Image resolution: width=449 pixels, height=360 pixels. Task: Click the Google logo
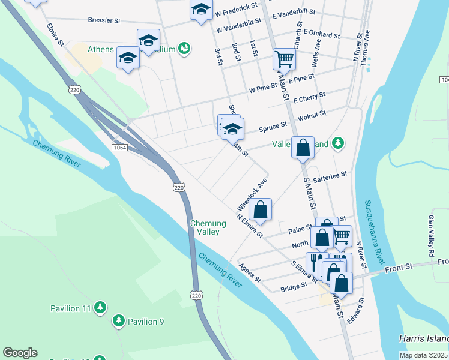pyautogui.click(x=20, y=353)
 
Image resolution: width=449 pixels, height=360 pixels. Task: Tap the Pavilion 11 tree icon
pyautogui.click(x=101, y=308)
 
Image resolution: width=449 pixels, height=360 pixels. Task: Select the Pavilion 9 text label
pyautogui.click(x=145, y=322)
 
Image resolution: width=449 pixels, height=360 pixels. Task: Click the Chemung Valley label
pyautogui.click(x=208, y=227)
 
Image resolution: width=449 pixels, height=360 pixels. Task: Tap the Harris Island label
pyautogui.click(x=424, y=338)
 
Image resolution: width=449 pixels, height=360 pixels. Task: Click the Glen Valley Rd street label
pyautogui.click(x=431, y=236)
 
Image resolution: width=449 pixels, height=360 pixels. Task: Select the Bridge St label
pyautogui.click(x=294, y=289)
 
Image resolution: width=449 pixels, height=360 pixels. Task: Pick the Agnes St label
pyautogui.click(x=249, y=273)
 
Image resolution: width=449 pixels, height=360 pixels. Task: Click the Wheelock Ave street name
pyautogui.click(x=252, y=192)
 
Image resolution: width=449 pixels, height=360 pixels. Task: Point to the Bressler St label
pyautogui.click(x=104, y=20)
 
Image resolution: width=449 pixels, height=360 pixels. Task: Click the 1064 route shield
pyautogui.click(x=119, y=147)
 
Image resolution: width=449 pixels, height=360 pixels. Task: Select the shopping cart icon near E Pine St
pyautogui.click(x=284, y=59)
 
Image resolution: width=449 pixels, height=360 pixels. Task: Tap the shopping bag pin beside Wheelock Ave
pyautogui.click(x=260, y=209)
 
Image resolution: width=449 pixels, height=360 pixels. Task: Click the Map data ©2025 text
pyautogui.click(x=423, y=355)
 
